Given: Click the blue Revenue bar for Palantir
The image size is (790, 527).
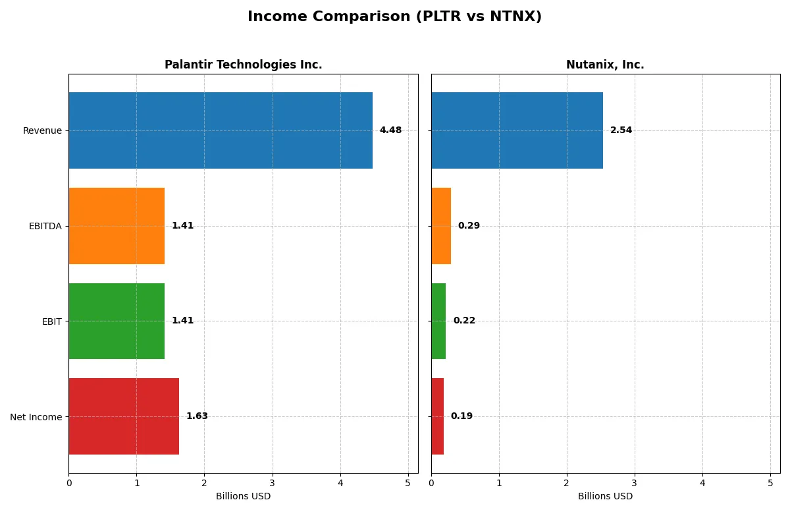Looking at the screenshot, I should pos(221,130).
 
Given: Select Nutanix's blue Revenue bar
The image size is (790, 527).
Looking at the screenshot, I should pos(517,130).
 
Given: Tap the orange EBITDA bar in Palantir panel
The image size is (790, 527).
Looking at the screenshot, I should pos(117,226).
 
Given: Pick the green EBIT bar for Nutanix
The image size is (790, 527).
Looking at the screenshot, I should pos(438,321).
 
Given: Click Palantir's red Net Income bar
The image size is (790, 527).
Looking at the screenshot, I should pos(124,416).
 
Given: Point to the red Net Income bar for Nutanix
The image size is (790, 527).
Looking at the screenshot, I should pos(438,416).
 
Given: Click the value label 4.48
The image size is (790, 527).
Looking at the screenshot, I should pos(390,130).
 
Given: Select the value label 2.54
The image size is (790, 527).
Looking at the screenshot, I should pos(621,130).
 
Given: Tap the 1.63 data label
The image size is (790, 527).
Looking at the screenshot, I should pos(197,416).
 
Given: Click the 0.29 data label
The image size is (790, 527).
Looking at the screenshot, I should pos(469,226).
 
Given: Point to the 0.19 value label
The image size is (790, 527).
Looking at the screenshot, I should pos(461,416).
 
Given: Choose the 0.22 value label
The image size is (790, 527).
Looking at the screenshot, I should pos(464,321).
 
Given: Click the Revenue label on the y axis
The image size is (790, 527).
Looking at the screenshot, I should pos(42,130).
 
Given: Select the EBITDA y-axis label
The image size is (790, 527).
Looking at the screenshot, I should pos(45,226).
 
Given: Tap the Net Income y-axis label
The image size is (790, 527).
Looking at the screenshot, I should pos(36,417).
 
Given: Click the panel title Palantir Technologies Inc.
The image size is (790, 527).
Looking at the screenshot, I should pos(243,65).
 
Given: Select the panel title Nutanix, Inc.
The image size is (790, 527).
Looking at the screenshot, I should pos(605,65).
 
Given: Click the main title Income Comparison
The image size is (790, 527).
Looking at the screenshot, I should pos(394,17).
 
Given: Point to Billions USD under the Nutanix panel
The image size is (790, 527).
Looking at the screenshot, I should pos(605,496).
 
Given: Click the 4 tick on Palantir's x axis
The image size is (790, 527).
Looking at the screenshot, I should pos(340,483).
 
